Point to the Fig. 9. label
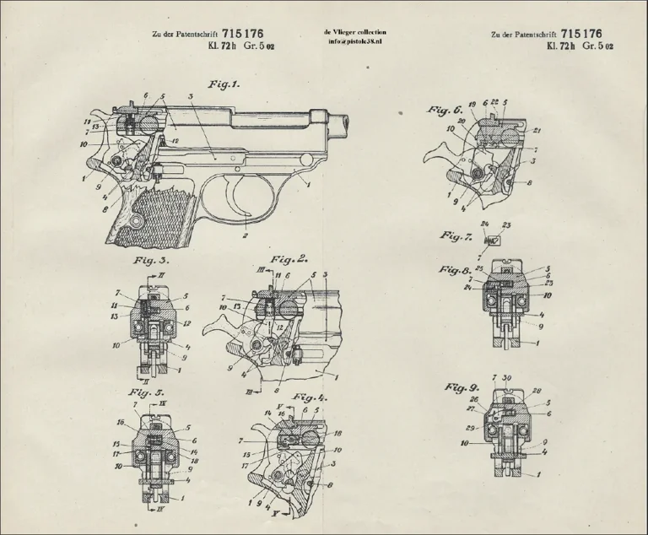[x=462, y=387]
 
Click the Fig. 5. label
[x=145, y=392]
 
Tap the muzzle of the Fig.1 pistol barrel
[x=345, y=124]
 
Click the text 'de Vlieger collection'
[x=354, y=31]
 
